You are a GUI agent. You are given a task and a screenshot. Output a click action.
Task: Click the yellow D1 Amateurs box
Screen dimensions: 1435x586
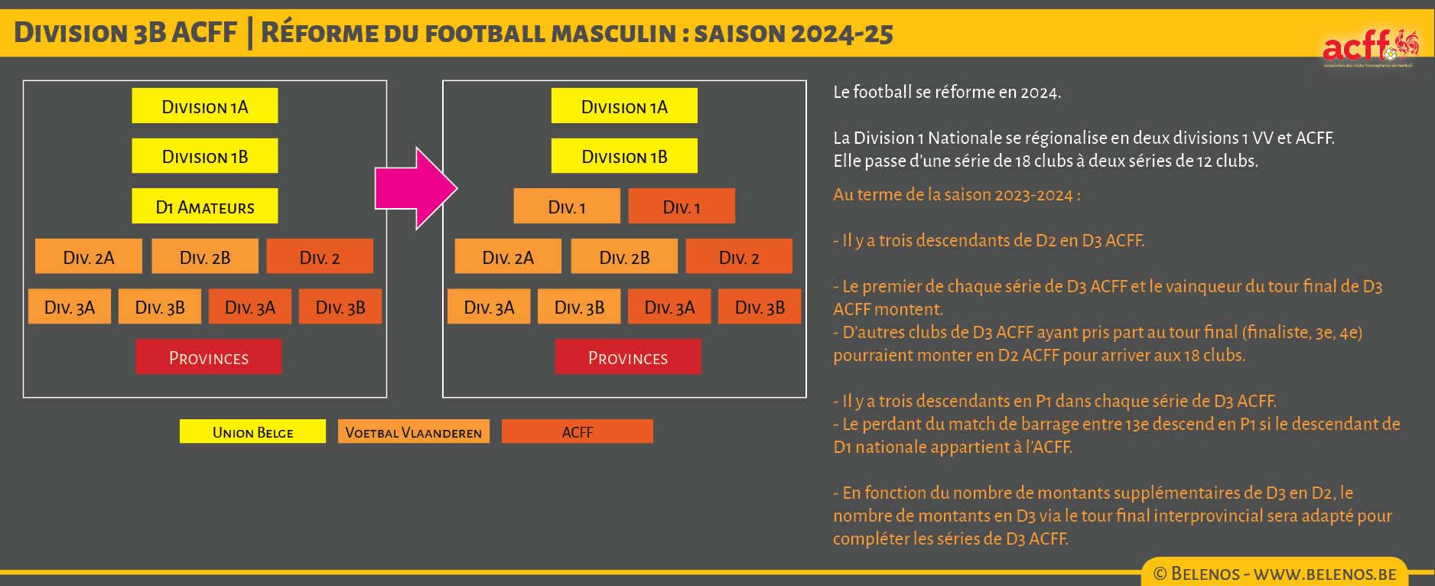(x=204, y=207)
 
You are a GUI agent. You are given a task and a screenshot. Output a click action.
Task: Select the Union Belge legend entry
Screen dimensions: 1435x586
(x=252, y=431)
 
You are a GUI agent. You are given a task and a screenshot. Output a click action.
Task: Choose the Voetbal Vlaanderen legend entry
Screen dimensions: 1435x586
(x=414, y=431)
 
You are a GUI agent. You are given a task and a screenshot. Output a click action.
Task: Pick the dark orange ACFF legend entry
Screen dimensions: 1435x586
(x=578, y=431)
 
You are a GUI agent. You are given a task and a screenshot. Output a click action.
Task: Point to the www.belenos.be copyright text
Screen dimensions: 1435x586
(x=1274, y=574)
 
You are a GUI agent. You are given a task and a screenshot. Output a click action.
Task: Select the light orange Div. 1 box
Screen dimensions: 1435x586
(x=567, y=207)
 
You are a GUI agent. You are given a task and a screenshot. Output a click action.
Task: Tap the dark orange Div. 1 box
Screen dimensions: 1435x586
(x=682, y=207)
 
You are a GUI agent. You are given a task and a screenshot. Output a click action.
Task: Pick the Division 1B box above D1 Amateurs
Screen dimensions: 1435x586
(x=204, y=156)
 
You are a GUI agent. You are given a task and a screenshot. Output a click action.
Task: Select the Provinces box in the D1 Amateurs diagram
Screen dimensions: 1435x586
(x=208, y=357)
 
